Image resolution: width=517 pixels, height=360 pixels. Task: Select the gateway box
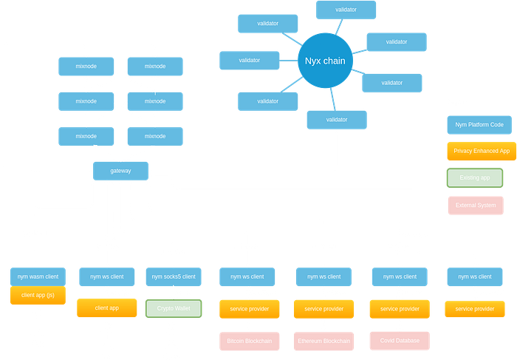(120, 171)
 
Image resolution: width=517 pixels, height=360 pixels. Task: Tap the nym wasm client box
(38, 276)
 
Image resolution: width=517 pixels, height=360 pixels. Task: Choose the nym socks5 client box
(173, 276)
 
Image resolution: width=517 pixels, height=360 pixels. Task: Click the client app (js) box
(38, 296)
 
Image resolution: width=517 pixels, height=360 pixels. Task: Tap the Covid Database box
(400, 341)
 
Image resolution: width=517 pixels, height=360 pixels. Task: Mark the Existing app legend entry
(475, 178)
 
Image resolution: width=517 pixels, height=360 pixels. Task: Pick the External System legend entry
(475, 205)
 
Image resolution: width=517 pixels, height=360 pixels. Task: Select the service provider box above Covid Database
(400, 308)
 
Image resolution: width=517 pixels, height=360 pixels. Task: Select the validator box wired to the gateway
(337, 120)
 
